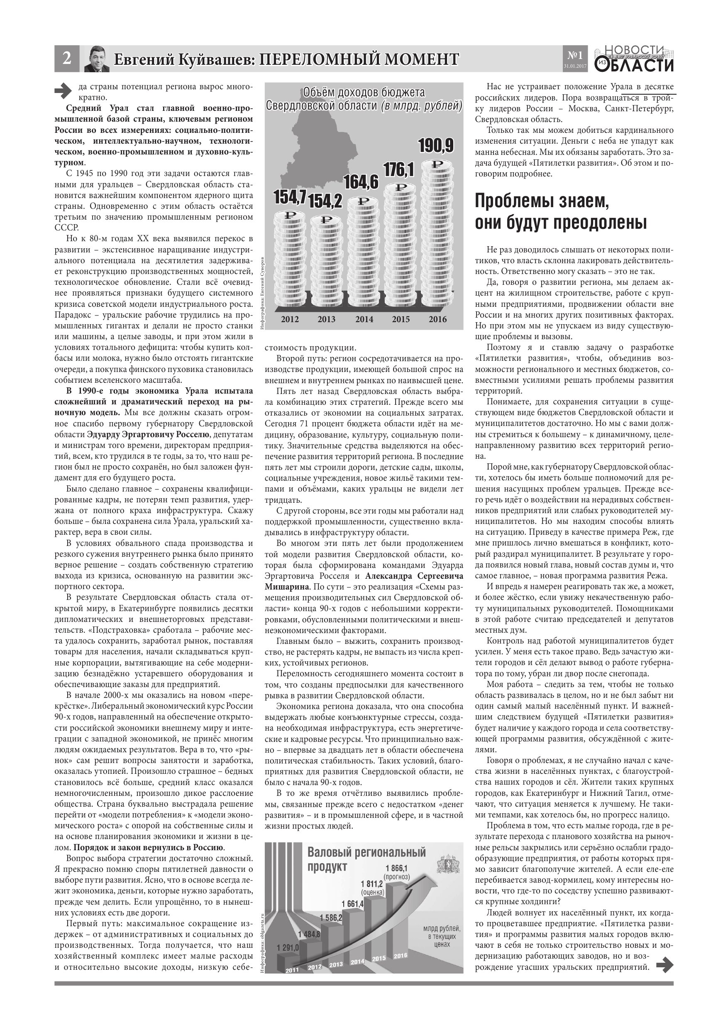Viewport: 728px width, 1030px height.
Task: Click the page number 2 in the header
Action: coord(66,58)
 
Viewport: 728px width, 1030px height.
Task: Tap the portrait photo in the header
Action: coord(97,59)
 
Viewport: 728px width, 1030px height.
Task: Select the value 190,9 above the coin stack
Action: coord(436,146)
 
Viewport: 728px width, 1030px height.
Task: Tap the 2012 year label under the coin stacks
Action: coord(290,319)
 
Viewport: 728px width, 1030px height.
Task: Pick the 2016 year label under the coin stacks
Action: coord(437,319)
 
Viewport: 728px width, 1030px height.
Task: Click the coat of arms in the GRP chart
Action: coord(447,864)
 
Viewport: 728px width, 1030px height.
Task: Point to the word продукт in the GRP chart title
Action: coord(327,867)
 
